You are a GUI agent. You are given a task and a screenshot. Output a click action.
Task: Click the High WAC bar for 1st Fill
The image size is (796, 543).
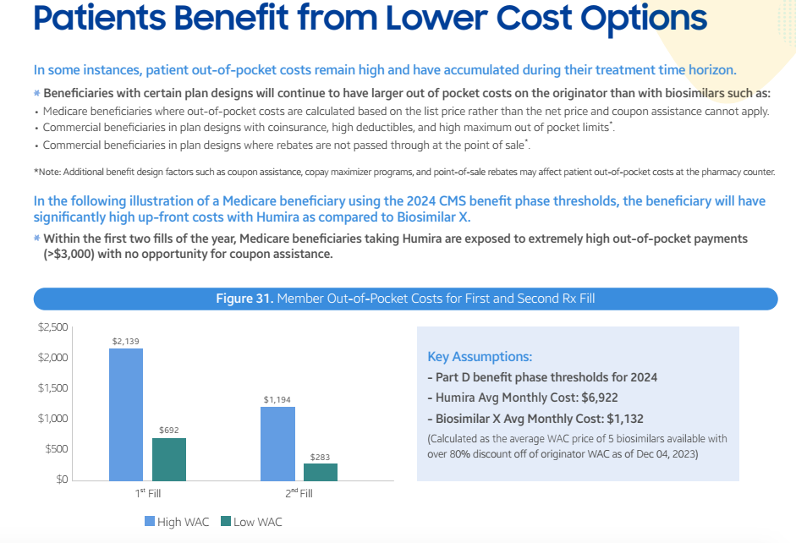tap(125, 414)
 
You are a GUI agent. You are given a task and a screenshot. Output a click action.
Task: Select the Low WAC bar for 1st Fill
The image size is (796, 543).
tap(169, 459)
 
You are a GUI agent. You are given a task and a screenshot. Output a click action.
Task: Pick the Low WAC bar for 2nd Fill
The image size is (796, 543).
tap(320, 472)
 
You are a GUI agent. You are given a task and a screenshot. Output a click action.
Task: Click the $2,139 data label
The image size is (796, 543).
tap(125, 341)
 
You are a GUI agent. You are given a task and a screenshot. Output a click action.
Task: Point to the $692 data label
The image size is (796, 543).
tap(169, 431)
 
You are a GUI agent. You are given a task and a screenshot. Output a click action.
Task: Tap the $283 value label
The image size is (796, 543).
tap(320, 457)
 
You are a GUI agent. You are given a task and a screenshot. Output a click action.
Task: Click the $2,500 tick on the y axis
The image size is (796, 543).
tap(53, 327)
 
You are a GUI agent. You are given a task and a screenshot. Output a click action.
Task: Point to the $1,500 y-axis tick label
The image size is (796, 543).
tap(53, 388)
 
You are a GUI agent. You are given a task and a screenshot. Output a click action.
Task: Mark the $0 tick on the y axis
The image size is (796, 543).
tap(61, 480)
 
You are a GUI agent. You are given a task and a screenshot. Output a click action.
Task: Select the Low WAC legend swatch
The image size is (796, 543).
tap(225, 522)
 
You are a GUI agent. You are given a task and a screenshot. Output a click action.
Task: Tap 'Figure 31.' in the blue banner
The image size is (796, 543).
tap(244, 299)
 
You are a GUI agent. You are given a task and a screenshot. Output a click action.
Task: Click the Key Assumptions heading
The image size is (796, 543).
tap(480, 357)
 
